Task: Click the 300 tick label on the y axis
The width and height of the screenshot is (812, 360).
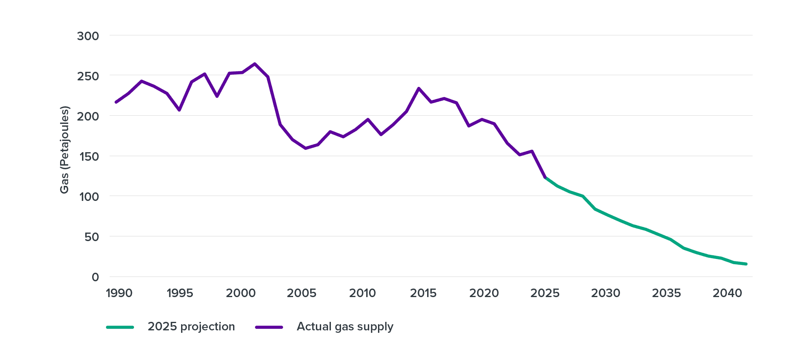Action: (x=88, y=36)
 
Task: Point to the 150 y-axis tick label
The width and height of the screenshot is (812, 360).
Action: (x=88, y=156)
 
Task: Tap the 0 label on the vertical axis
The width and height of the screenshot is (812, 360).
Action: (x=95, y=277)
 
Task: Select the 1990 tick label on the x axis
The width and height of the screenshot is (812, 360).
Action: (x=119, y=293)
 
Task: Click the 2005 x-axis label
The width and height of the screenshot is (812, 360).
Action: (x=301, y=293)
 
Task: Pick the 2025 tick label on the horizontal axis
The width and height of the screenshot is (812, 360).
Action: (x=545, y=293)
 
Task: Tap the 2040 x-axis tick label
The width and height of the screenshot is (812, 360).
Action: (x=727, y=293)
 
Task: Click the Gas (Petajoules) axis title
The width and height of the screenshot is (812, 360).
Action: (x=65, y=150)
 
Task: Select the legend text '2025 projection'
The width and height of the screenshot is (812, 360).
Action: (x=191, y=327)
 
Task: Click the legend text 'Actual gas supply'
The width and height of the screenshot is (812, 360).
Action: (x=345, y=327)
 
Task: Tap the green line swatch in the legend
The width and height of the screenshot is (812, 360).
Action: (x=120, y=327)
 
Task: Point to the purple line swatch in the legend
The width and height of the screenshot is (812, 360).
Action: (x=269, y=327)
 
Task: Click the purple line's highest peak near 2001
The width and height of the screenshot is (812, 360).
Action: (x=255, y=64)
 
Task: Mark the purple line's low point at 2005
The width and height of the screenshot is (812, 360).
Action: (x=305, y=149)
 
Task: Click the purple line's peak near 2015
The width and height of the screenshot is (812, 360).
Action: (x=418, y=88)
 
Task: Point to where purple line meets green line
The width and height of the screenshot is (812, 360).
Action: (x=545, y=177)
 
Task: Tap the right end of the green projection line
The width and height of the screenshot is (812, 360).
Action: (x=746, y=264)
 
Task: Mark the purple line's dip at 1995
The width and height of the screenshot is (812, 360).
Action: (x=179, y=110)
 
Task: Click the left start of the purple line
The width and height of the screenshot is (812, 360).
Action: (x=116, y=102)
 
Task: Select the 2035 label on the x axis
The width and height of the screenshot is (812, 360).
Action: (x=666, y=293)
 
